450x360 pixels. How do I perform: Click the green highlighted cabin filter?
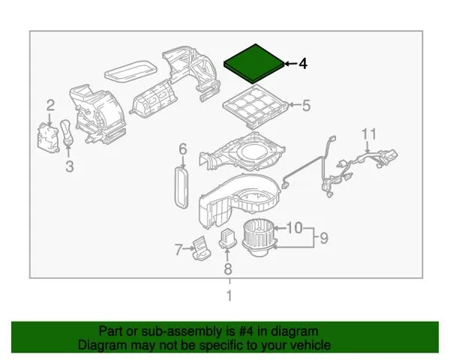click(254, 62)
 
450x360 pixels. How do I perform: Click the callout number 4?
click(303, 64)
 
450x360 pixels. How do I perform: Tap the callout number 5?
click(306, 106)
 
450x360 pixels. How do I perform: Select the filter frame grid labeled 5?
click(256, 106)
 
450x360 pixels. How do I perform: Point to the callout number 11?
click(367, 134)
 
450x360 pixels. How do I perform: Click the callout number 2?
click(50, 105)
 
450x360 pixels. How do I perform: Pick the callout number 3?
click(69, 167)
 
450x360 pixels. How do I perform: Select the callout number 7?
click(179, 250)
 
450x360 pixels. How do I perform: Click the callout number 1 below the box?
click(229, 296)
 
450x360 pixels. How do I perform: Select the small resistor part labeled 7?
click(201, 246)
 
